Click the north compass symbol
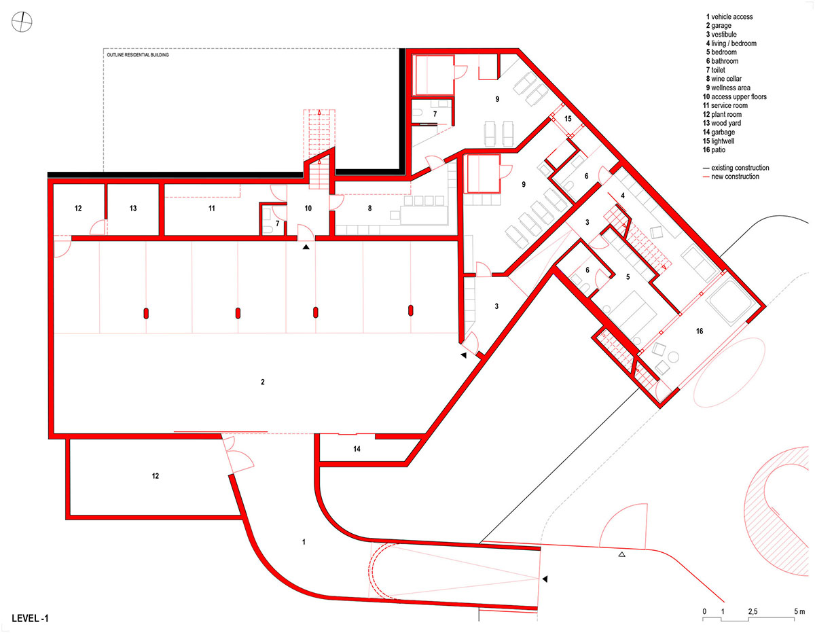[x=22, y=22]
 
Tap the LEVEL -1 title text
[x=30, y=618]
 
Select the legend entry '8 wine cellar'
[x=723, y=79]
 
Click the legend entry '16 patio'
[x=714, y=150]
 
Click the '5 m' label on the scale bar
[x=799, y=611]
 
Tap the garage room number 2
[x=263, y=382]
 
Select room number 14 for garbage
[x=357, y=449]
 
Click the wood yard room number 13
[x=133, y=208]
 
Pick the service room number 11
[x=211, y=208]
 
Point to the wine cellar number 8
[x=369, y=208]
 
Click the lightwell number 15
[x=568, y=118]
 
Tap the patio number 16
[x=700, y=331]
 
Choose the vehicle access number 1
[x=304, y=542]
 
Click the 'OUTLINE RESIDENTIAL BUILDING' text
[x=138, y=55]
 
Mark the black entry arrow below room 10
[x=306, y=247]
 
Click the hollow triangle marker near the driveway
[x=621, y=554]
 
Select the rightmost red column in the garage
[x=411, y=311]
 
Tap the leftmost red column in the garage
[x=146, y=313]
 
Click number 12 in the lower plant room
[x=156, y=476]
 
